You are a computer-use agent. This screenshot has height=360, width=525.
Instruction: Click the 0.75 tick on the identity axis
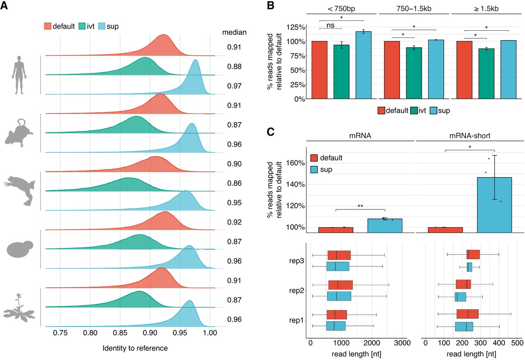pyautogui.click(x=60, y=334)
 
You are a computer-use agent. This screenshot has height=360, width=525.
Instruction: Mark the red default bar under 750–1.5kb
pyautogui.click(x=392, y=70)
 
